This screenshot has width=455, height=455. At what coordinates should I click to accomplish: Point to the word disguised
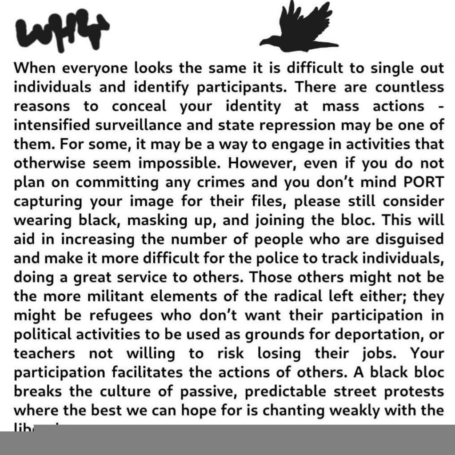[x=403, y=239]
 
